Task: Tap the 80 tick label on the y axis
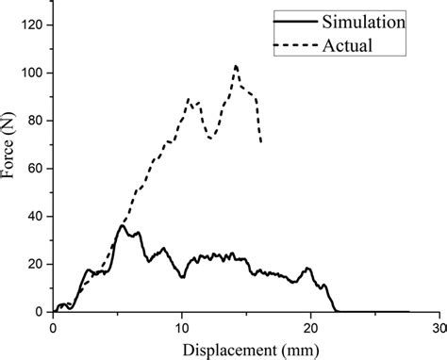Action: pos(34,122)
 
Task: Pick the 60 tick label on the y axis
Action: pos(34,169)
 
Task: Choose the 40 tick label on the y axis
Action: pos(34,217)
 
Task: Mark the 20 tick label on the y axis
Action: pos(34,265)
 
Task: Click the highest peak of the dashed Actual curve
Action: pos(236,66)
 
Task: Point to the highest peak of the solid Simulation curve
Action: pos(122,225)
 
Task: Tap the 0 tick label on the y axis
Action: pos(38,312)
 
